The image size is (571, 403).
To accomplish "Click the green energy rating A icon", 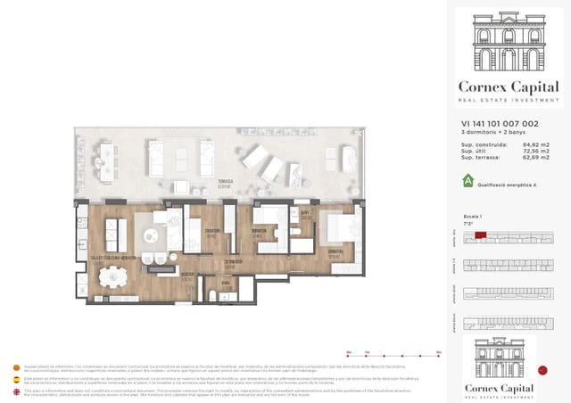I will click(467, 180).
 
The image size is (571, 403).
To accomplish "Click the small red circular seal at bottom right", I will click(543, 370).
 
